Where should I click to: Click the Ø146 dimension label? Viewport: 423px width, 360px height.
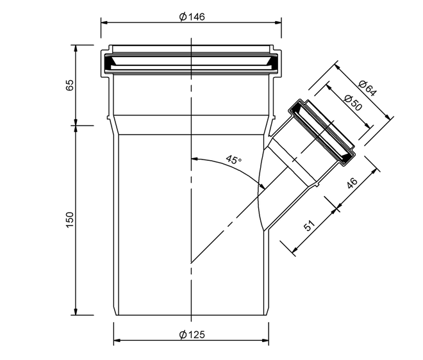click(192, 17)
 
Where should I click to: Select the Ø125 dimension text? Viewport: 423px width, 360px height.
click(192, 334)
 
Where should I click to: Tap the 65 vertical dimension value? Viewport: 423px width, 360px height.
click(70, 85)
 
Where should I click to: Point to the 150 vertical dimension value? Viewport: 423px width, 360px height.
click(70, 220)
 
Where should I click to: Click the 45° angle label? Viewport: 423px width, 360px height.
click(234, 160)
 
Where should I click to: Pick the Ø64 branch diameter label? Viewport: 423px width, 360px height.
click(367, 88)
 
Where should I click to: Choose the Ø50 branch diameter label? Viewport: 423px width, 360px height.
click(353, 103)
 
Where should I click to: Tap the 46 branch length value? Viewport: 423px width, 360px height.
click(352, 183)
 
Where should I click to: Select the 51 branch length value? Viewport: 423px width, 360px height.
click(310, 225)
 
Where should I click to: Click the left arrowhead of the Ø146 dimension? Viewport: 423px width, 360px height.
click(104, 23)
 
